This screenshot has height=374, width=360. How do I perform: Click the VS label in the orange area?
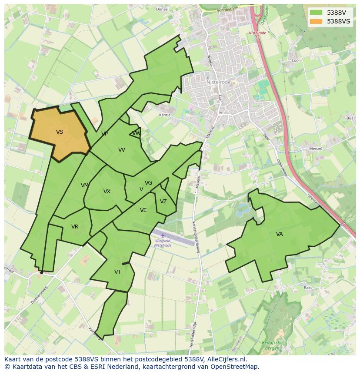tap(60, 132)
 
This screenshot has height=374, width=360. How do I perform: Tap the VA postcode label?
tap(279, 234)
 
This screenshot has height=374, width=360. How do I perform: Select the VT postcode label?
tap(117, 272)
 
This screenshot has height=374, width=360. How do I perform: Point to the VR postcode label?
tap(75, 227)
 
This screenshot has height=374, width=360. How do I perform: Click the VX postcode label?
tap(107, 192)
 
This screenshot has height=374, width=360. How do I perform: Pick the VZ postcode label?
tap(163, 202)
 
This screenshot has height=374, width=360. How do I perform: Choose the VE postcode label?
tap(143, 210)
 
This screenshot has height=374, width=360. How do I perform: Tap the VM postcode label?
tap(85, 185)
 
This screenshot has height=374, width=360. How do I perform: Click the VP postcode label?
tap(104, 134)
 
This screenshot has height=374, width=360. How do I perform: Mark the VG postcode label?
tap(148, 183)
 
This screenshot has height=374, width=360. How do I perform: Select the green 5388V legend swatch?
tap(316, 13)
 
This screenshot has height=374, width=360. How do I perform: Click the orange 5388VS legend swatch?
tap(316, 21)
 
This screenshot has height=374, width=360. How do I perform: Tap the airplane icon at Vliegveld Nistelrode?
tap(163, 235)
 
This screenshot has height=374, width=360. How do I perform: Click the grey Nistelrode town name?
tap(219, 82)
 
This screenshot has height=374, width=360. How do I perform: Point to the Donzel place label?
tap(162, 9)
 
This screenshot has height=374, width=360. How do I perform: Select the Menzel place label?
tap(315, 149)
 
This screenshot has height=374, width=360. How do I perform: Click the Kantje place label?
tap(165, 115)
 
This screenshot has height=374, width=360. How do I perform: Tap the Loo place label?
tap(296, 60)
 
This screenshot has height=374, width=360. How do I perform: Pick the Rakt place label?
tap(308, 288)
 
